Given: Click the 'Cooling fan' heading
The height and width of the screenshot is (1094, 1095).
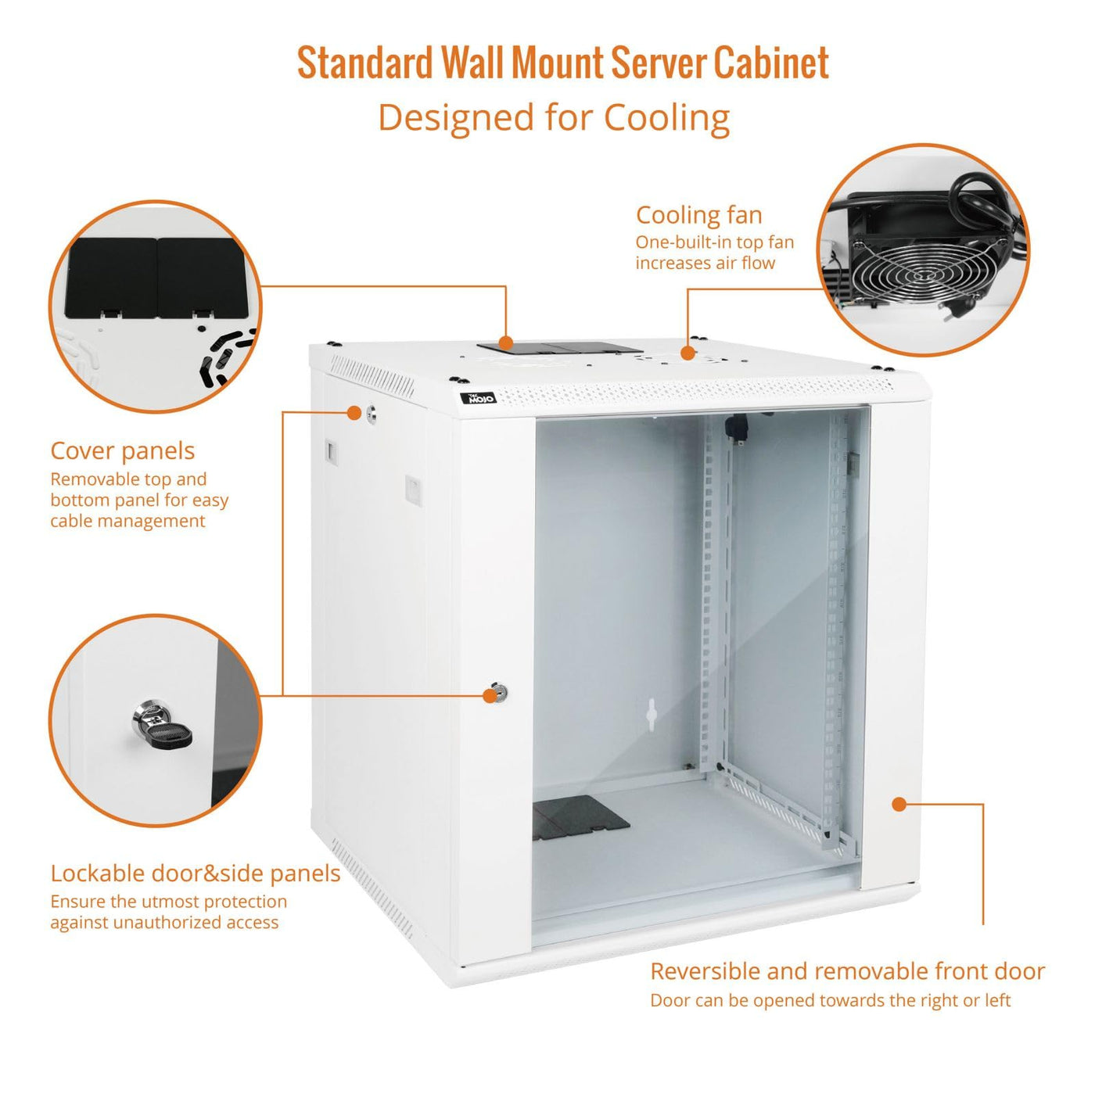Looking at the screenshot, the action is tap(698, 215).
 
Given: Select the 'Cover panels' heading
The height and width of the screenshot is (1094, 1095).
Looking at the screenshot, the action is tap(122, 451).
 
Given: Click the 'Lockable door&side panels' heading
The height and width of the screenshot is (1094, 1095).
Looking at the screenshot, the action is tap(196, 873).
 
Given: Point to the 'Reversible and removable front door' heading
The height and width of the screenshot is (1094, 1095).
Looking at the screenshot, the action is tap(847, 971).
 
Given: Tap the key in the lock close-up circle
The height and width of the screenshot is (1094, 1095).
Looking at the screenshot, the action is tap(163, 727).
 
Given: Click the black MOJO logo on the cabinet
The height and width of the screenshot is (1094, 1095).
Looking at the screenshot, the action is tap(479, 396).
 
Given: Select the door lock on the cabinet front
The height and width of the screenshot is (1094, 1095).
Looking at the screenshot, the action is tap(497, 691).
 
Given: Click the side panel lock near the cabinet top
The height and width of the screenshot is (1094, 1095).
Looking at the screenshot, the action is tap(371, 413).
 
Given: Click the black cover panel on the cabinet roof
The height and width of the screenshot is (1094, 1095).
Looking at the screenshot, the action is tap(560, 348).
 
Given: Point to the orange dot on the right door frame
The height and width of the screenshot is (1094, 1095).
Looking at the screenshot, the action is tap(899, 804).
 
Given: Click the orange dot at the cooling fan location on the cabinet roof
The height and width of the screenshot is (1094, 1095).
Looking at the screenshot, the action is tap(688, 353).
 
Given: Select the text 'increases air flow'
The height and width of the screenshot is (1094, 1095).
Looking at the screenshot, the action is tap(705, 263).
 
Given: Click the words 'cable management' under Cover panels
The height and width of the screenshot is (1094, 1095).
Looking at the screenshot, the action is tap(127, 521).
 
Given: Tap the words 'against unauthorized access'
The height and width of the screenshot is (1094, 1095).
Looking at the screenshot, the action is tap(164, 922).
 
